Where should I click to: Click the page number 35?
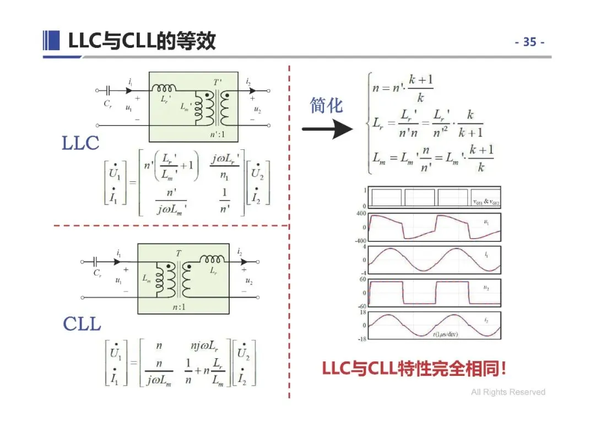[529, 42]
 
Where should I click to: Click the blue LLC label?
[80, 143]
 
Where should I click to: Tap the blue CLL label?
[82, 323]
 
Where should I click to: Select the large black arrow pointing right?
[327, 130]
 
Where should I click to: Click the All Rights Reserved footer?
[507, 392]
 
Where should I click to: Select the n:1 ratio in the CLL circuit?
[178, 307]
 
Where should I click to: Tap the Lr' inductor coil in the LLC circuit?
[164, 89]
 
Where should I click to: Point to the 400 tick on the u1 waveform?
[361, 213]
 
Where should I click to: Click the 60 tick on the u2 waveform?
[363, 279]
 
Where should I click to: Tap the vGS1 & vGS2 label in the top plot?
[485, 202]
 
